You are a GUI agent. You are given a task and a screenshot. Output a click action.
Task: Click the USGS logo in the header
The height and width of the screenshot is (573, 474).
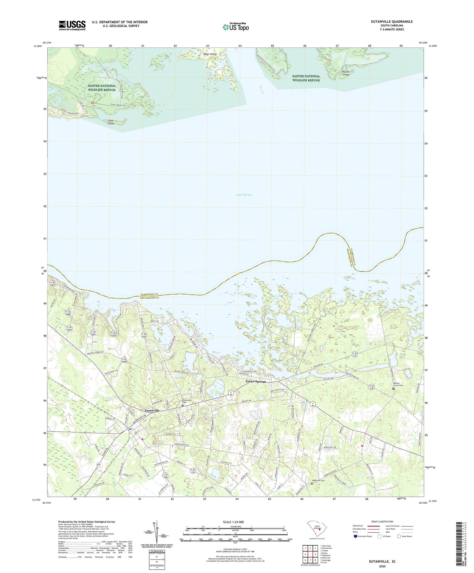pyautogui.click(x=72, y=25)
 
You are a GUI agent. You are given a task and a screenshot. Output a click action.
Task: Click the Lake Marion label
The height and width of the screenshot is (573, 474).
pyautogui.click(x=244, y=195)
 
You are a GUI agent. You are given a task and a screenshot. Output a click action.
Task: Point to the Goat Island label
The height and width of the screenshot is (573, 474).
pyautogui.click(x=210, y=54)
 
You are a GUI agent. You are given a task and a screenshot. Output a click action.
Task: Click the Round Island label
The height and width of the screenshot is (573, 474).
pyautogui.click(x=346, y=73)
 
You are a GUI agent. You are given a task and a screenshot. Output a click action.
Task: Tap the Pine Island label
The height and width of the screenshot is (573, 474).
pyautogui.click(x=111, y=122)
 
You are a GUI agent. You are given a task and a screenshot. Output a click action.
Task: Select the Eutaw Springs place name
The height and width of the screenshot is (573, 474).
pyautogui.click(x=256, y=382)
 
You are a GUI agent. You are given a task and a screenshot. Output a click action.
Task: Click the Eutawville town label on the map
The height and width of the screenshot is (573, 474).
pyautogui.click(x=152, y=411)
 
